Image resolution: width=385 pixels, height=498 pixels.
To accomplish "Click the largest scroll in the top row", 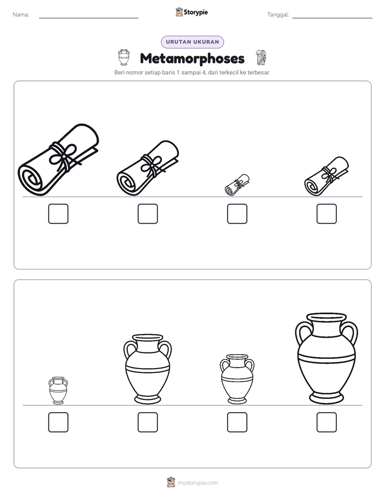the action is (58, 160).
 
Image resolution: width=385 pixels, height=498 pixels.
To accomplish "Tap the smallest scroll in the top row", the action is (237, 185).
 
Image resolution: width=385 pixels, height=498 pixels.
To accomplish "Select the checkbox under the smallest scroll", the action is (237, 214).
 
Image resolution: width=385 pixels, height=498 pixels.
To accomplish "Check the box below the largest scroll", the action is (58, 214).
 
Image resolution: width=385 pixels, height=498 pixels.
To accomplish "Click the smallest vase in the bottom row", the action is (58, 391).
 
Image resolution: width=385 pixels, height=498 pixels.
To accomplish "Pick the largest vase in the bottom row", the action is (327, 358).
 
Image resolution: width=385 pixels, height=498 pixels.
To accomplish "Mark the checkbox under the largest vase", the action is (327, 422).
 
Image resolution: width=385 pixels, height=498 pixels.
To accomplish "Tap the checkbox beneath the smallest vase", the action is (58, 422).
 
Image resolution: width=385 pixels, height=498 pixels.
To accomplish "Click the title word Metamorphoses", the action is (192, 58).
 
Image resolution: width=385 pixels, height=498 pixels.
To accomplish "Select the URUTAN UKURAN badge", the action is (192, 42).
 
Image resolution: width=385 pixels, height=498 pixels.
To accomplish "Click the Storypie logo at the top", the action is (192, 12).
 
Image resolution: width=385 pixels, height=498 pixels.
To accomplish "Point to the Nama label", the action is (21, 15).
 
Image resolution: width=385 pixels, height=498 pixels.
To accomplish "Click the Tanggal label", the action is (278, 15).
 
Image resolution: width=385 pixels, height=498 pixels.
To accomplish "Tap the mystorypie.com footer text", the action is (197, 483).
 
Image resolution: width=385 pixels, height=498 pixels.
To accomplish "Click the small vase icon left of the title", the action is (124, 57).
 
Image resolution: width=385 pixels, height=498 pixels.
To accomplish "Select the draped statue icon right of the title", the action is (261, 57).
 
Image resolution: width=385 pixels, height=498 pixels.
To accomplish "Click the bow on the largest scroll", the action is (63, 156).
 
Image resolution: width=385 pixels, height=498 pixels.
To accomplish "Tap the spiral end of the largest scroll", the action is (31, 179).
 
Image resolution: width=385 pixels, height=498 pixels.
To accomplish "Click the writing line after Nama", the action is (88, 18).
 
